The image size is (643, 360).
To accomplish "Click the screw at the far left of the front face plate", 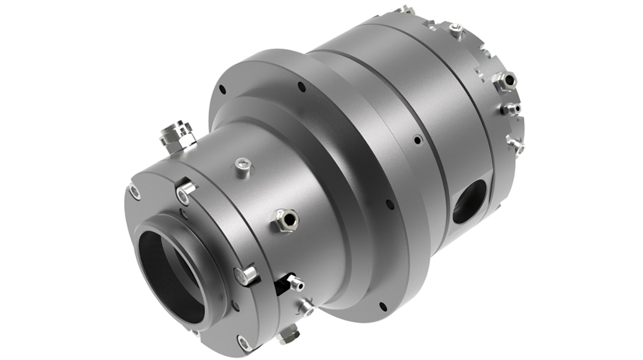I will click(x=134, y=191).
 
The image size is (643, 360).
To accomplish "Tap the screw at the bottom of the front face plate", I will click(x=243, y=342).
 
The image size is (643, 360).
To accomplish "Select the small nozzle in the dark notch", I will click(x=294, y=282).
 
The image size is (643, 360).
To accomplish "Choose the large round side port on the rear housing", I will click(x=469, y=201).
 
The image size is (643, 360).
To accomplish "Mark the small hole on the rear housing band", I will click(x=417, y=140).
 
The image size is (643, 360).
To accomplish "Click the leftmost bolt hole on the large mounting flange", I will click(x=222, y=90).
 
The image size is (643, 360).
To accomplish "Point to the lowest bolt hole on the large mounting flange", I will click(x=383, y=306).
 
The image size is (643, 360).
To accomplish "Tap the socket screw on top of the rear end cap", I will click(x=455, y=29).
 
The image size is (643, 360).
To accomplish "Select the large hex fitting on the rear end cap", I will click(x=505, y=81).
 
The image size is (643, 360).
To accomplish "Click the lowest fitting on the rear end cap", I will click(x=515, y=144).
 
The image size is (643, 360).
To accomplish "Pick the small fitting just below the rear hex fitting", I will click(x=510, y=109).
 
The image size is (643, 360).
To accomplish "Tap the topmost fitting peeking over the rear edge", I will click(x=406, y=10).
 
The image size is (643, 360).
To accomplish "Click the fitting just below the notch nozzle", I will click(x=306, y=307).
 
